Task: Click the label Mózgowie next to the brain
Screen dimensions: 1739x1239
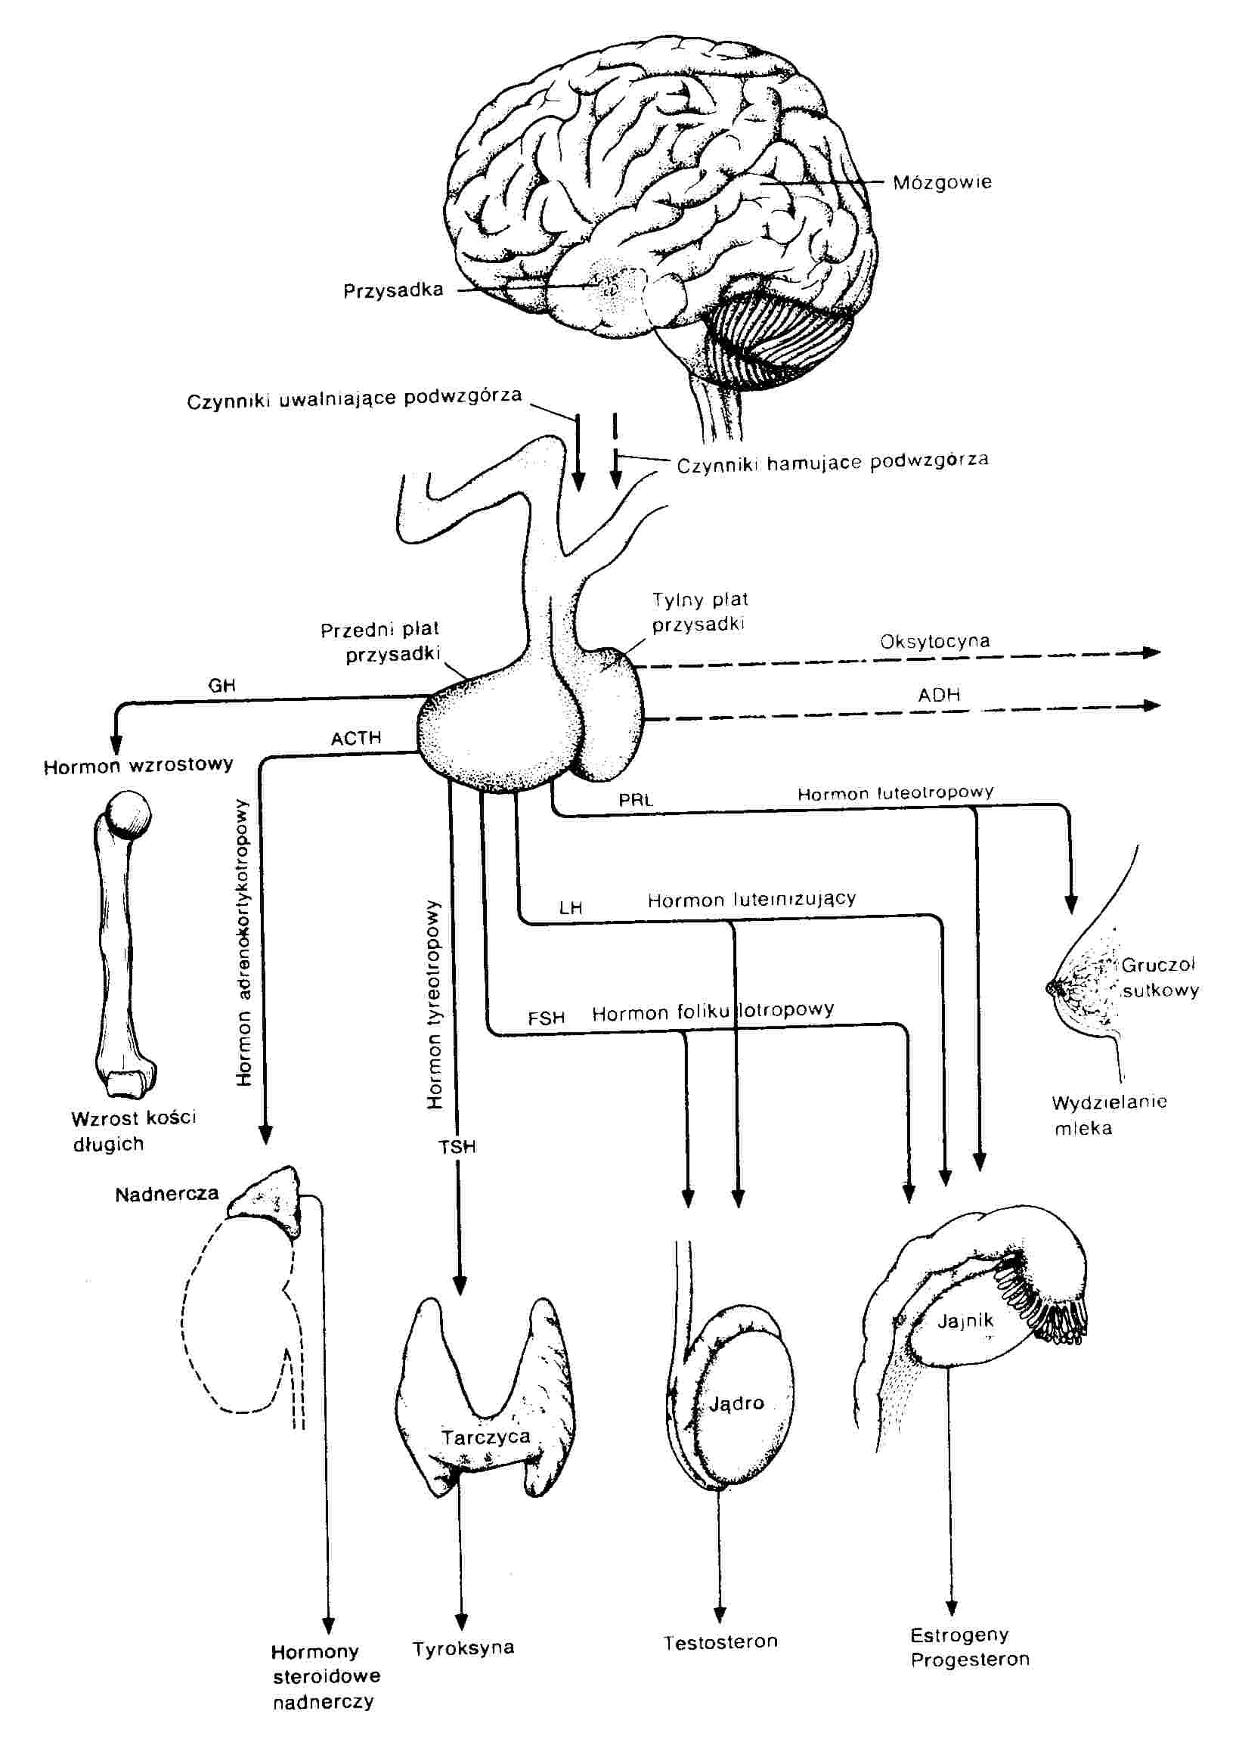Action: pos(942,183)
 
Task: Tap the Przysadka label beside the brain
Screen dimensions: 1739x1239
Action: pos(393,291)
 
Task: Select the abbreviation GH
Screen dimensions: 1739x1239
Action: pos(222,685)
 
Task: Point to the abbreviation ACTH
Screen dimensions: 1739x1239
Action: pos(355,738)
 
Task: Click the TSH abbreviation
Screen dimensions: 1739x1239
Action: pos(457,1146)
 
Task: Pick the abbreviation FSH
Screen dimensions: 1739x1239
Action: pos(547,1018)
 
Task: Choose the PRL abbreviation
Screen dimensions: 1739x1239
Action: pos(636,801)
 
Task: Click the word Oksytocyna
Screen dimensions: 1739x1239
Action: pos(934,641)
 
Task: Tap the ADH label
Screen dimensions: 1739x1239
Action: pos(939,694)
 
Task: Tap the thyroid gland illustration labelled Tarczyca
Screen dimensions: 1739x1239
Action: pos(485,1404)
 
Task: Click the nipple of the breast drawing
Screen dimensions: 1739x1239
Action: pos(1055,987)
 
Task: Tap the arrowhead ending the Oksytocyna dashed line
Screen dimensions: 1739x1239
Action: pos(1152,652)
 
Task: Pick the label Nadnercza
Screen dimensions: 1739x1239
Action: pos(166,1194)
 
